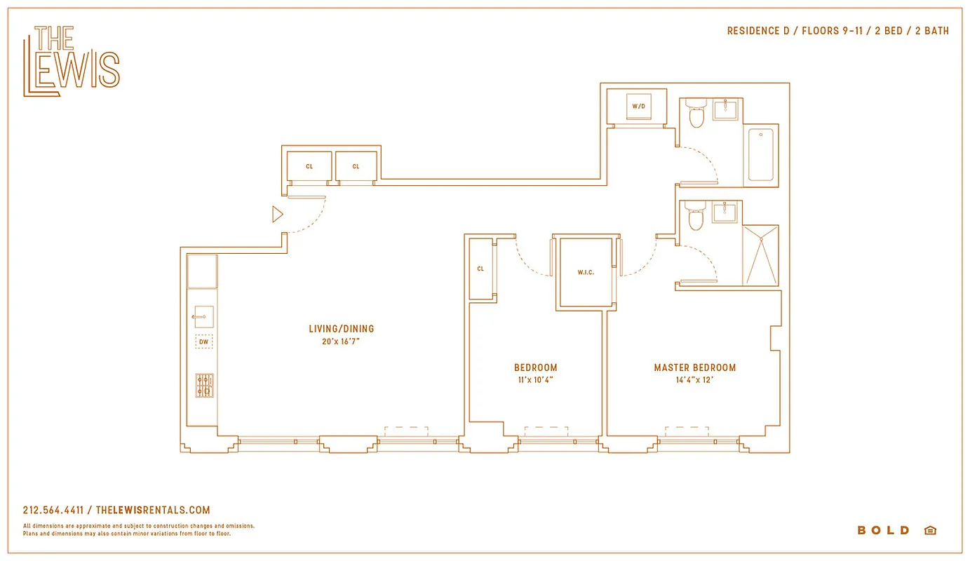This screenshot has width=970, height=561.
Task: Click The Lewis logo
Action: [72, 61]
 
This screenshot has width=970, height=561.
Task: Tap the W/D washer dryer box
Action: [638, 107]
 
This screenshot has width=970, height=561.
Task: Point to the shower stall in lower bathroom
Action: [761, 255]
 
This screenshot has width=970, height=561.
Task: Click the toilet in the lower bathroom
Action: [695, 217]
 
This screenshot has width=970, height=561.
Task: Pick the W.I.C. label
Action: [586, 272]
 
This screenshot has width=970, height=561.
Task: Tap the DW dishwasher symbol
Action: [204, 342]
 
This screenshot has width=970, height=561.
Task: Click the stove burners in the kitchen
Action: [204, 386]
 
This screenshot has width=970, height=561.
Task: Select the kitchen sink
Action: [203, 317]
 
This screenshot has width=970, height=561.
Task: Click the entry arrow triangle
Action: [278, 215]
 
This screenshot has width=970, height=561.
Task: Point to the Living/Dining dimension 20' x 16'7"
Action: [342, 342]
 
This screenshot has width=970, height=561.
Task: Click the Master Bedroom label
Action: [694, 367]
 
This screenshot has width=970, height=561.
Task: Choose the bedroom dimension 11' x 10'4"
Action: [535, 380]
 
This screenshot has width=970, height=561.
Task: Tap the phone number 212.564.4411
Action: [53, 511]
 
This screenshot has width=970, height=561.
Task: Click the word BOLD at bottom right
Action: [883, 530]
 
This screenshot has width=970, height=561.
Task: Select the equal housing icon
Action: [930, 530]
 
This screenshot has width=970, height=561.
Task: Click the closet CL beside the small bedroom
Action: [480, 269]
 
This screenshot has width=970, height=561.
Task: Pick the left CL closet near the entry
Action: [309, 167]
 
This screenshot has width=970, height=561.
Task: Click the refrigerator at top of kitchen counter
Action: [202, 271]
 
